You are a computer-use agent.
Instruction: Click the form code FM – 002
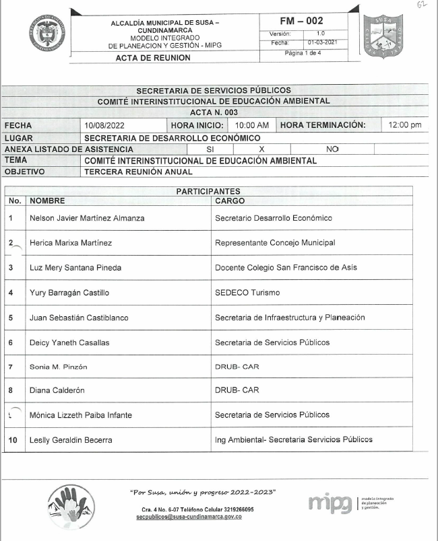[305, 21]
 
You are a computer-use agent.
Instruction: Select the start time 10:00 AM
[251, 125]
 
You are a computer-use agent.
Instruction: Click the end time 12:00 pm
[405, 125]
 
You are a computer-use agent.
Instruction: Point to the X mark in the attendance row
[261, 149]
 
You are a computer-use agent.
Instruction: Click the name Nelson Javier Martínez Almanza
[87, 218]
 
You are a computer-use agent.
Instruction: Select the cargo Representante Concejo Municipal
[274, 243]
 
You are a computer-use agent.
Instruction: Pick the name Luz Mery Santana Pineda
[75, 268]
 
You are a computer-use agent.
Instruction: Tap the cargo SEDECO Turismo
[247, 293]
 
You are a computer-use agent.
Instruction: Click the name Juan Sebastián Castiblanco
[79, 318]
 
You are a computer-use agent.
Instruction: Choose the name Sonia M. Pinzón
[59, 367]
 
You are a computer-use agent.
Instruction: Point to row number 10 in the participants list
[12, 440]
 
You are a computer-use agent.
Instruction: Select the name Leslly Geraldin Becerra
[71, 440]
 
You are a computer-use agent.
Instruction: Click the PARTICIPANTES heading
[208, 192]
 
